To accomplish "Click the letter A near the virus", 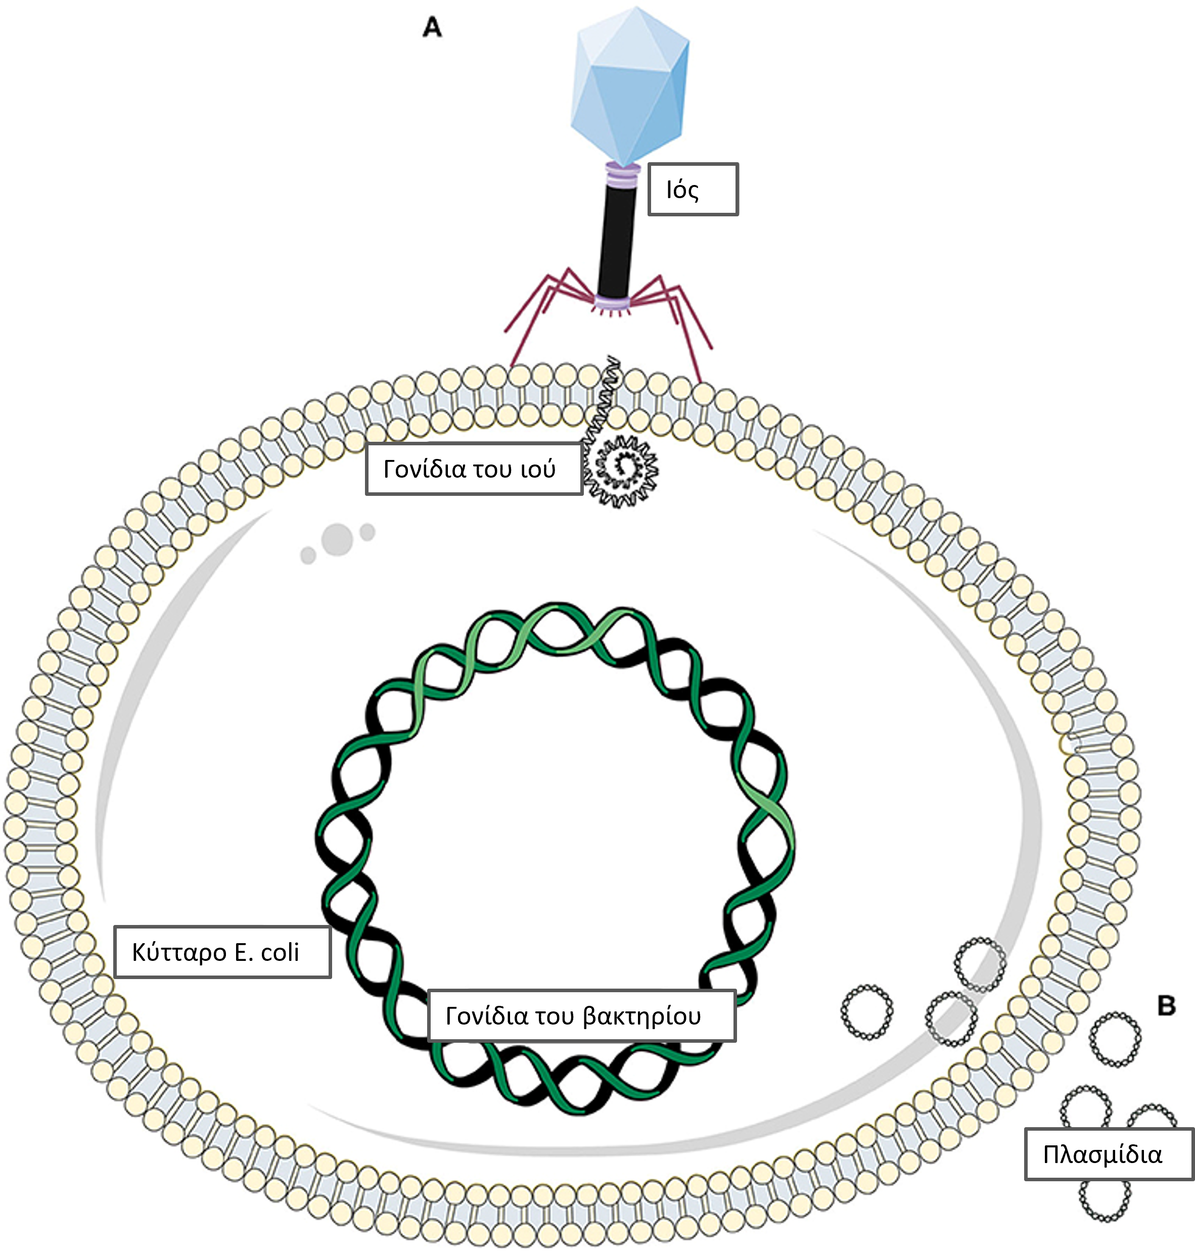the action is [x=432, y=27].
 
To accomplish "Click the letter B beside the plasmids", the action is [x=1166, y=1005].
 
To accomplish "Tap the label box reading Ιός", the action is [x=693, y=189].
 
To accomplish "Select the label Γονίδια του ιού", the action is [x=474, y=469].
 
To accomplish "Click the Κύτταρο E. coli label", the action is [x=222, y=952].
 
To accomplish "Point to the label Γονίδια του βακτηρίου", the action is [x=581, y=1015].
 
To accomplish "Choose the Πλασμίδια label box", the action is [x=1109, y=1153].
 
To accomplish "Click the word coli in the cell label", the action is [x=280, y=952].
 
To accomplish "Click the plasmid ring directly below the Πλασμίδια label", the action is [x=1105, y=1197].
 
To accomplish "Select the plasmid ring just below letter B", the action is [x=1115, y=1039].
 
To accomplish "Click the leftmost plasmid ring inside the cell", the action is [x=866, y=1010].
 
